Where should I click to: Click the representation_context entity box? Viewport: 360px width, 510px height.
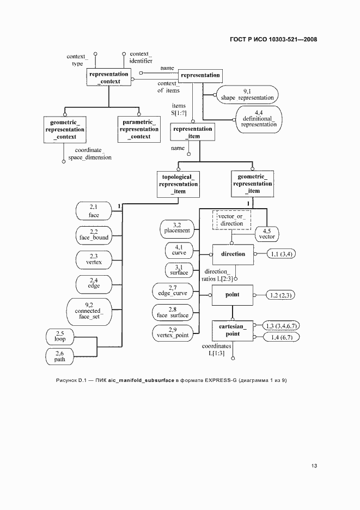109,78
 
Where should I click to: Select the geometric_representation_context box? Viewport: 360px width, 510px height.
65,130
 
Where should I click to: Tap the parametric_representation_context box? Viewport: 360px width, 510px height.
139,130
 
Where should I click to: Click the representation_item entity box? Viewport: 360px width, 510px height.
192,132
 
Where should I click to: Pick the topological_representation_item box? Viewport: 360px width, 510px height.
179,184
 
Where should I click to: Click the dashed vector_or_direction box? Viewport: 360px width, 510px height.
231,220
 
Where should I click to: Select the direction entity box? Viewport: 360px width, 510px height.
233,254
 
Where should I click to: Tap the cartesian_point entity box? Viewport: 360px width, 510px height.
233,330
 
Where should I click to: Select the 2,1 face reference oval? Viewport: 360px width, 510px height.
93,211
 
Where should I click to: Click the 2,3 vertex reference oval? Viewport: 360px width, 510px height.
93,259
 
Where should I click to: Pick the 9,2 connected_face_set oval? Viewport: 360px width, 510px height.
88,311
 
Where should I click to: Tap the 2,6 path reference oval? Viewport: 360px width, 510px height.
59,357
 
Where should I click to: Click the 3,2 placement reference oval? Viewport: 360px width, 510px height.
177,228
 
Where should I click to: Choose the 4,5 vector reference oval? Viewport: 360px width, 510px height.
267,234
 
